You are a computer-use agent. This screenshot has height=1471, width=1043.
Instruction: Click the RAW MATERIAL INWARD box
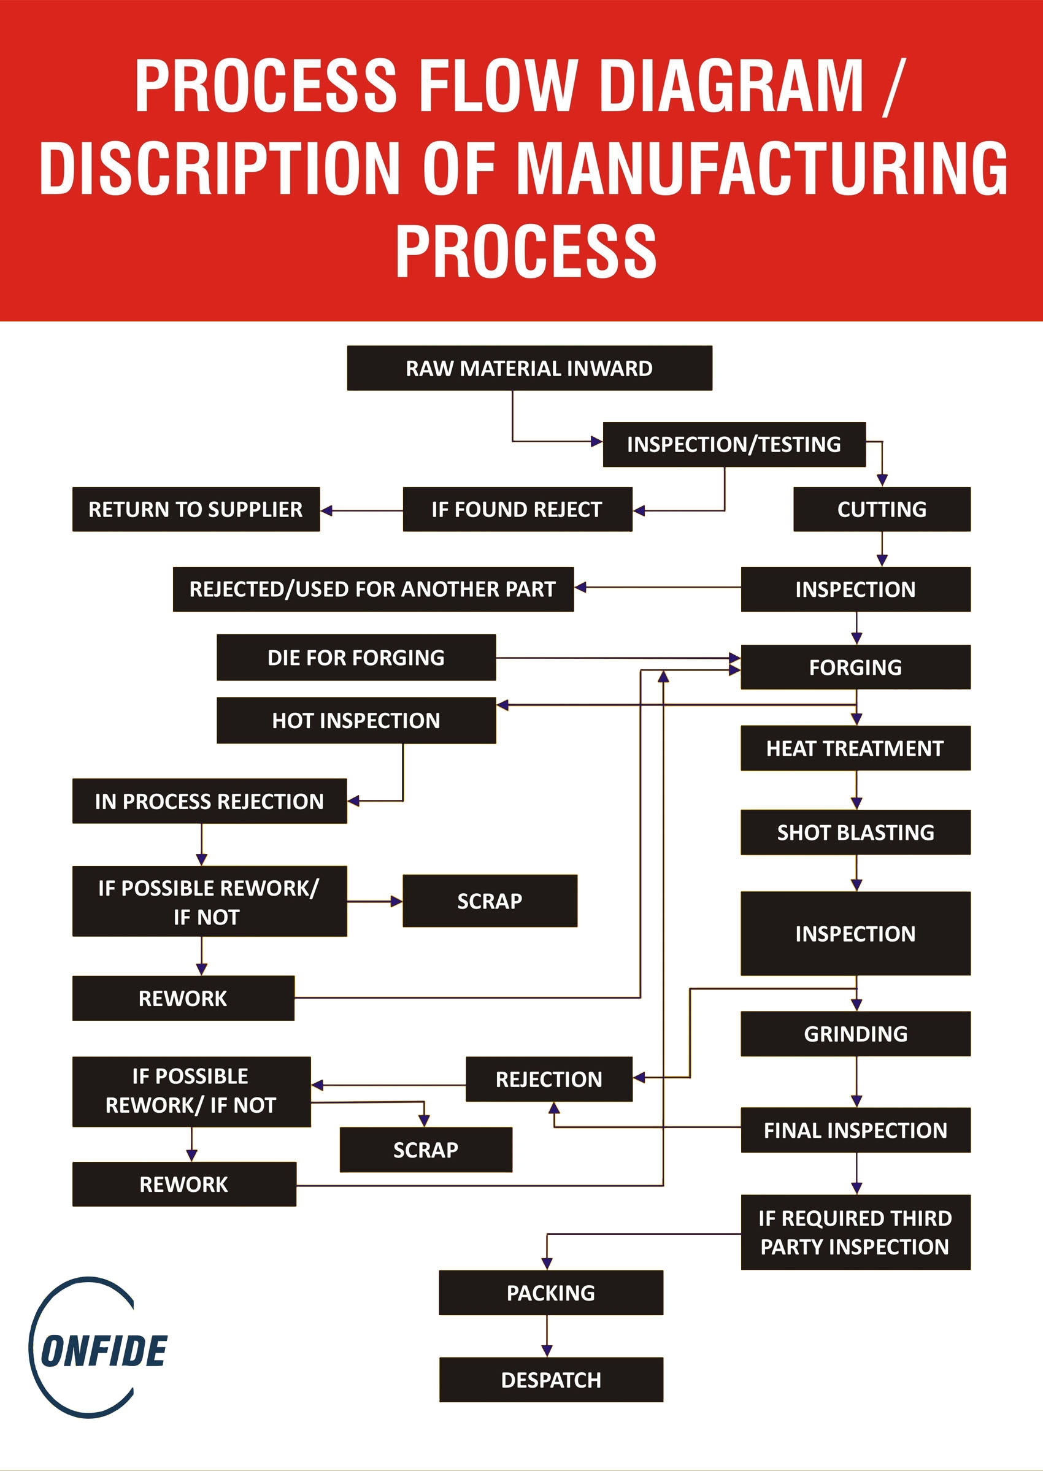point(529,368)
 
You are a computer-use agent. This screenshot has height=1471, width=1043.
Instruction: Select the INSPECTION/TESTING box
point(733,444)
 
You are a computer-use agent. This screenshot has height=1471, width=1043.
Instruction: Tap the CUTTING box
point(881,509)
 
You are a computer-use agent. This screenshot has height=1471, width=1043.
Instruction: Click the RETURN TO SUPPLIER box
point(196,509)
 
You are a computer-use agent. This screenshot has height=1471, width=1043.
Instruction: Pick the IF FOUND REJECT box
point(517,509)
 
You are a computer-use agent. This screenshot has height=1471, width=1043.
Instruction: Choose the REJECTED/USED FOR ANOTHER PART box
point(372,589)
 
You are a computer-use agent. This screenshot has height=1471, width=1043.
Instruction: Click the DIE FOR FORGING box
point(356,658)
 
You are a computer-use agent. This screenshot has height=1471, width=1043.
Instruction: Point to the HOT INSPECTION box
point(356,720)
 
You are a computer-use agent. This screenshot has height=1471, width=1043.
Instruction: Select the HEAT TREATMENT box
point(855,748)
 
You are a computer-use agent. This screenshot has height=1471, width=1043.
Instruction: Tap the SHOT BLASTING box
point(855,832)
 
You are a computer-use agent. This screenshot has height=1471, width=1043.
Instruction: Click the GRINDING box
point(855,1034)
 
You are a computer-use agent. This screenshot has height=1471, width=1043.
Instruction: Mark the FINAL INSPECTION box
point(855,1130)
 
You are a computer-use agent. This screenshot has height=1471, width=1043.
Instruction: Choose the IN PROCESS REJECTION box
point(209,801)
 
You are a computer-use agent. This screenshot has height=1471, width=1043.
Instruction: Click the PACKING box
point(550,1292)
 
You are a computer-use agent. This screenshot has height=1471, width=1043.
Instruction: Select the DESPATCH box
point(550,1380)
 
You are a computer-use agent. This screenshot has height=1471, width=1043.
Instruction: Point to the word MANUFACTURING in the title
point(762,168)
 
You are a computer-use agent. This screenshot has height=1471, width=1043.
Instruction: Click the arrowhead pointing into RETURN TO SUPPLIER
point(327,510)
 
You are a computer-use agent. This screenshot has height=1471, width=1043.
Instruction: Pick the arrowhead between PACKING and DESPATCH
point(547,1351)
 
